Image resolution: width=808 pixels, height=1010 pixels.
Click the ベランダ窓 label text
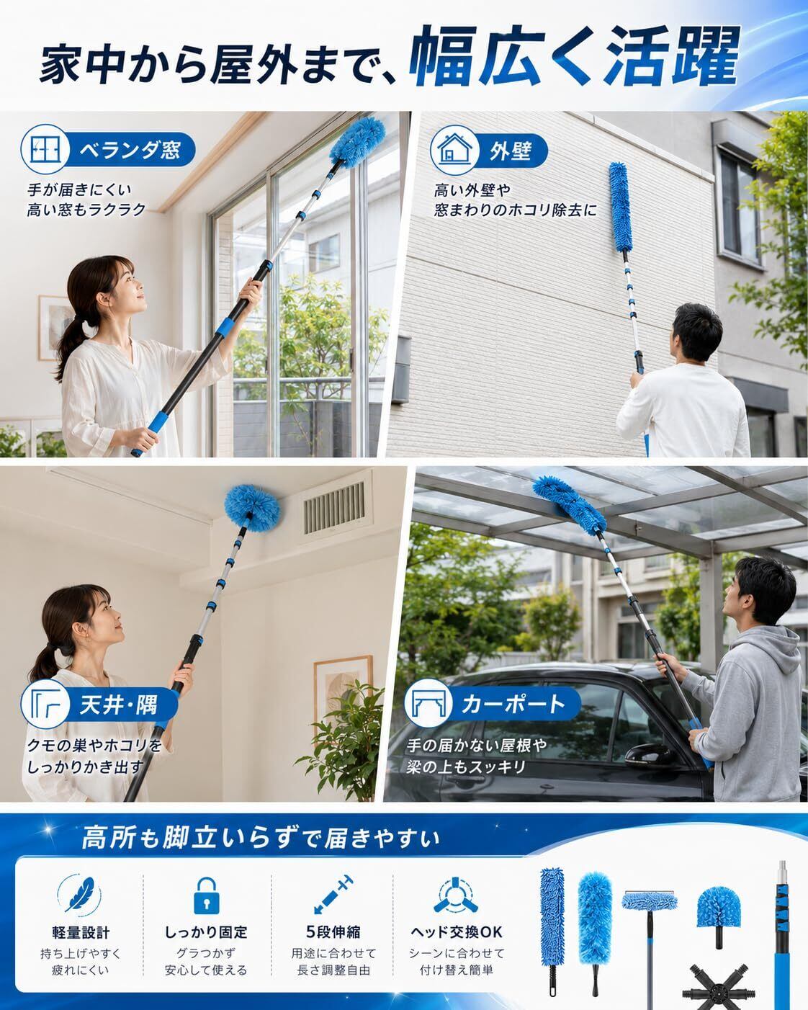point(130,150)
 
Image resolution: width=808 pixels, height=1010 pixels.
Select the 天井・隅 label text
point(118,705)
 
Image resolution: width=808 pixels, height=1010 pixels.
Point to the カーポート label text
point(513,704)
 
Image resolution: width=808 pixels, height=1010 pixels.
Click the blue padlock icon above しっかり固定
point(207,897)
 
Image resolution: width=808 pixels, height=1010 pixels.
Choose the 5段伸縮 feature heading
point(333,932)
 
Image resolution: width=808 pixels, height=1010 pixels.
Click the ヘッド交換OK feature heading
point(456,932)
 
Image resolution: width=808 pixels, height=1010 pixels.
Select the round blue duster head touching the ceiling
point(253,509)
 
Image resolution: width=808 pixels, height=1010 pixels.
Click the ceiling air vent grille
point(335,508)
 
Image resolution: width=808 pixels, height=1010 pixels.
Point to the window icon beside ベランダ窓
point(45,149)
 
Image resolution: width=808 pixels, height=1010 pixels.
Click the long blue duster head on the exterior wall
point(620,207)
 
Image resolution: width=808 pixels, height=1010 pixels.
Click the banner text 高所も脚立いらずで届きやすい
point(261,838)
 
